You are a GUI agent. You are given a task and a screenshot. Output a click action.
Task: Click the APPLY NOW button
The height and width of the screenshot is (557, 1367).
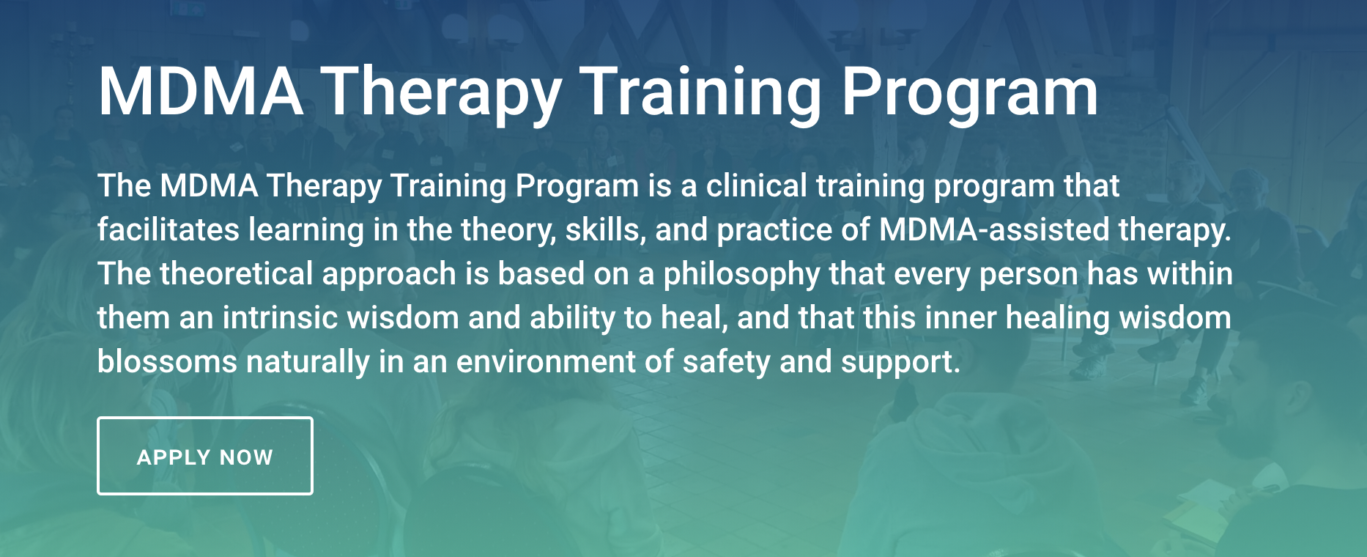click(x=205, y=456)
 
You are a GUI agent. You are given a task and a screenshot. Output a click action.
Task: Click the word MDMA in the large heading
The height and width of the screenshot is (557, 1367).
click(x=201, y=92)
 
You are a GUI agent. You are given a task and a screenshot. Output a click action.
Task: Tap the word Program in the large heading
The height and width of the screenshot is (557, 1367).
click(x=969, y=95)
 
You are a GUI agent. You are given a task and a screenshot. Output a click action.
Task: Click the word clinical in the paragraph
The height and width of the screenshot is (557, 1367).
click(x=757, y=185)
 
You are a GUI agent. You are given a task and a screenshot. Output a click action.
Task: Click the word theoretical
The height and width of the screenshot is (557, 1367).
click(x=237, y=273)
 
